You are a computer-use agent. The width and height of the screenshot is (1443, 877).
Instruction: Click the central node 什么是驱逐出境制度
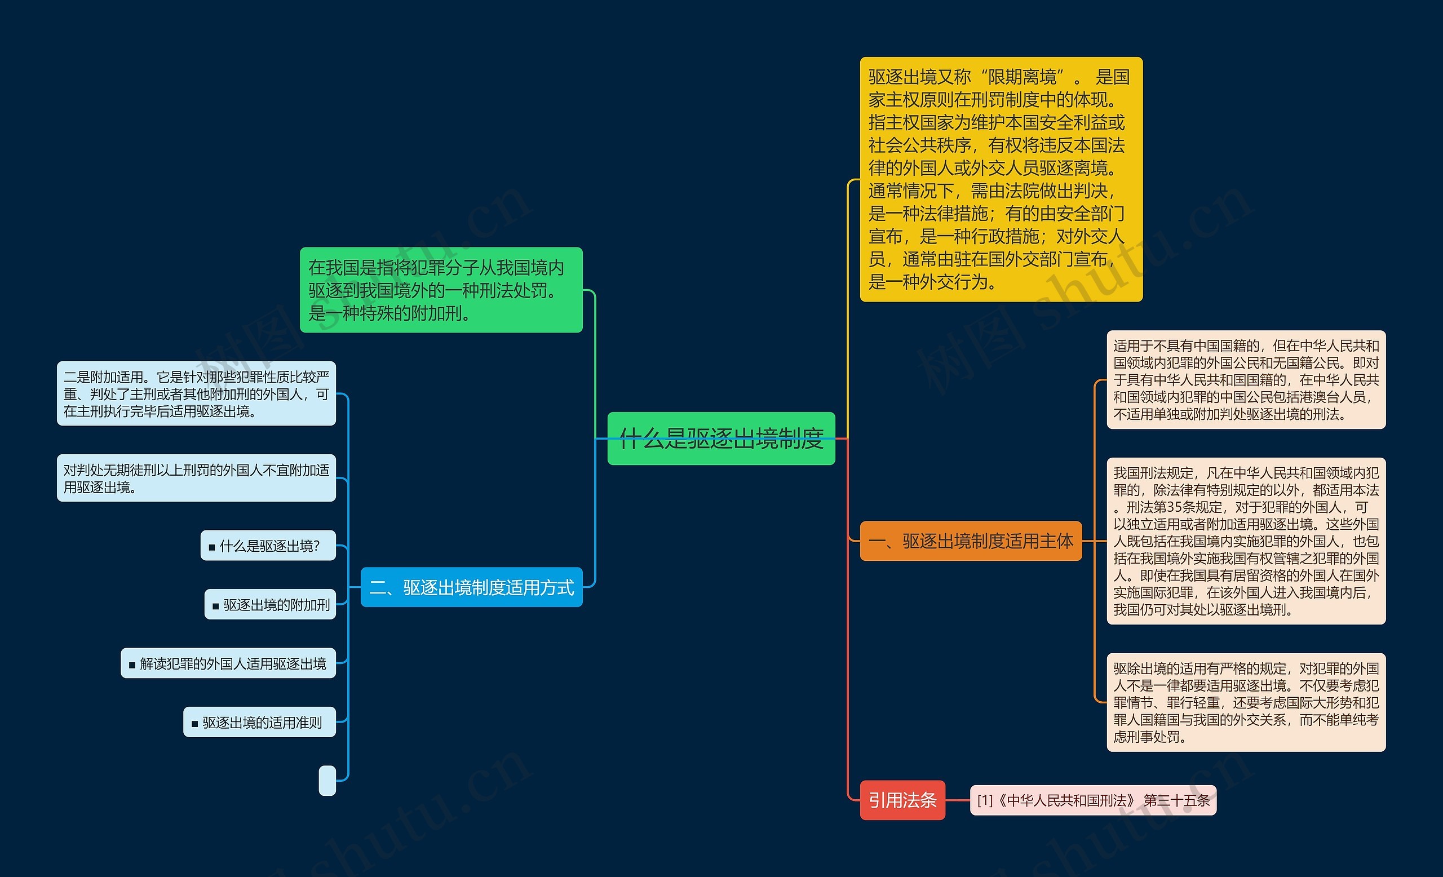tap(721, 438)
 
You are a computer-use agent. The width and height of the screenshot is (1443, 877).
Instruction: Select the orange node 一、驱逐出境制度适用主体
tap(971, 541)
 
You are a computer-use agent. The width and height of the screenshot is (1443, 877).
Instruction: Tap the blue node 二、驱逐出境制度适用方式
tap(471, 587)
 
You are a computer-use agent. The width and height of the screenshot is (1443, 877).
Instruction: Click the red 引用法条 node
tap(902, 800)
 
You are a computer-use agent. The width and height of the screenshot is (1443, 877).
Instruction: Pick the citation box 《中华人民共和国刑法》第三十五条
tap(1093, 800)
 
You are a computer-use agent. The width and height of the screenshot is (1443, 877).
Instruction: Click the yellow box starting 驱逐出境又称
tap(1001, 179)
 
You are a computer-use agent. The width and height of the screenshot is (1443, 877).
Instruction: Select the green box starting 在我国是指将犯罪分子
tap(441, 290)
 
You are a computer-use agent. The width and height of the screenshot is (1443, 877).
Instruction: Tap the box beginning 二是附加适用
tap(196, 393)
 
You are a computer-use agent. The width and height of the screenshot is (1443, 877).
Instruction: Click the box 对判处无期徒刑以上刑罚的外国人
tap(196, 478)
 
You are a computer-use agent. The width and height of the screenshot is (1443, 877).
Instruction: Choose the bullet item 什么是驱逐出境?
tap(268, 546)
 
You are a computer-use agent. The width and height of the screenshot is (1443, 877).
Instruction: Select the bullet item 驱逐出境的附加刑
tap(270, 604)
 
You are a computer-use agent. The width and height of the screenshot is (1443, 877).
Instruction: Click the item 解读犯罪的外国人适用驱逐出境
tap(228, 663)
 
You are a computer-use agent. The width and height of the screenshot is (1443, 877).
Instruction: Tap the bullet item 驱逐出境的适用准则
tap(259, 723)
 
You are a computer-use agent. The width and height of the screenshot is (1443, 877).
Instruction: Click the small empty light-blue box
tap(327, 781)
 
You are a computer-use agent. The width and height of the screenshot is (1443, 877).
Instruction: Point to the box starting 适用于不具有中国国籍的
tap(1246, 379)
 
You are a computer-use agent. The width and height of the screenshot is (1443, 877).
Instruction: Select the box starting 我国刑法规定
tap(1246, 541)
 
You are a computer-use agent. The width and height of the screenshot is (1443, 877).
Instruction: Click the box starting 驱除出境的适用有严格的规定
tap(1246, 702)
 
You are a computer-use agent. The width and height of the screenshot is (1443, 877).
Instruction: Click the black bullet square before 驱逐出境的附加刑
tap(215, 606)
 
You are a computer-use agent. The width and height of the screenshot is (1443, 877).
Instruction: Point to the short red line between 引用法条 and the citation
tap(958, 800)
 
